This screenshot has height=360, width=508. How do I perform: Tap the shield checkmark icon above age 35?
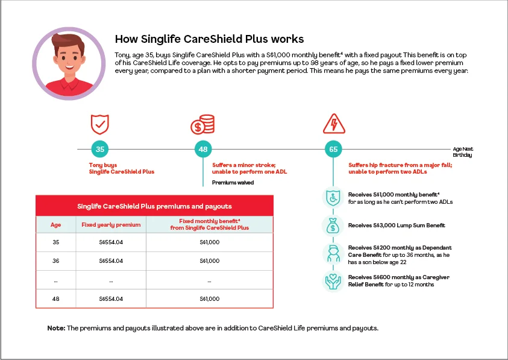coord(99,124)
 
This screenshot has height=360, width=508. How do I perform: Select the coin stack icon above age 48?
coord(203,124)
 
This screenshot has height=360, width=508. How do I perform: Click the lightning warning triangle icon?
coord(333,124)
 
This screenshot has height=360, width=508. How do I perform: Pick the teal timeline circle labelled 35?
coord(99,149)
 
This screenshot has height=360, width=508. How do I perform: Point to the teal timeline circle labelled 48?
coord(203,149)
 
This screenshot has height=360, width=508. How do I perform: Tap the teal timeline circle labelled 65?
coord(333,149)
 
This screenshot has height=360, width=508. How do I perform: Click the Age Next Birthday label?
coord(463,151)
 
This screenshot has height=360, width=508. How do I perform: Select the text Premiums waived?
coord(233,182)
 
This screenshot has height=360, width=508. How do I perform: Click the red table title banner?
coord(154,206)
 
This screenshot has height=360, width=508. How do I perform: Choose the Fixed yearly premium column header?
coord(111,225)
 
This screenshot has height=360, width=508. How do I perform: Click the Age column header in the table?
coord(55,225)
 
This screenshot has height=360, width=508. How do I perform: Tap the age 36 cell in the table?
coord(55,261)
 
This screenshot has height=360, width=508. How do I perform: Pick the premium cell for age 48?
coord(111,298)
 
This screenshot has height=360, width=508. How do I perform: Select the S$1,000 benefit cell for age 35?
coord(209,242)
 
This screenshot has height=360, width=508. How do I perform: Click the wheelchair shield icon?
coord(333,198)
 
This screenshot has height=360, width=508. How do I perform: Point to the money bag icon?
coord(333,226)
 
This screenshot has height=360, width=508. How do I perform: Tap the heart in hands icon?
coord(333,280)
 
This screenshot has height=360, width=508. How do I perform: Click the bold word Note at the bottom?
coord(56,328)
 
